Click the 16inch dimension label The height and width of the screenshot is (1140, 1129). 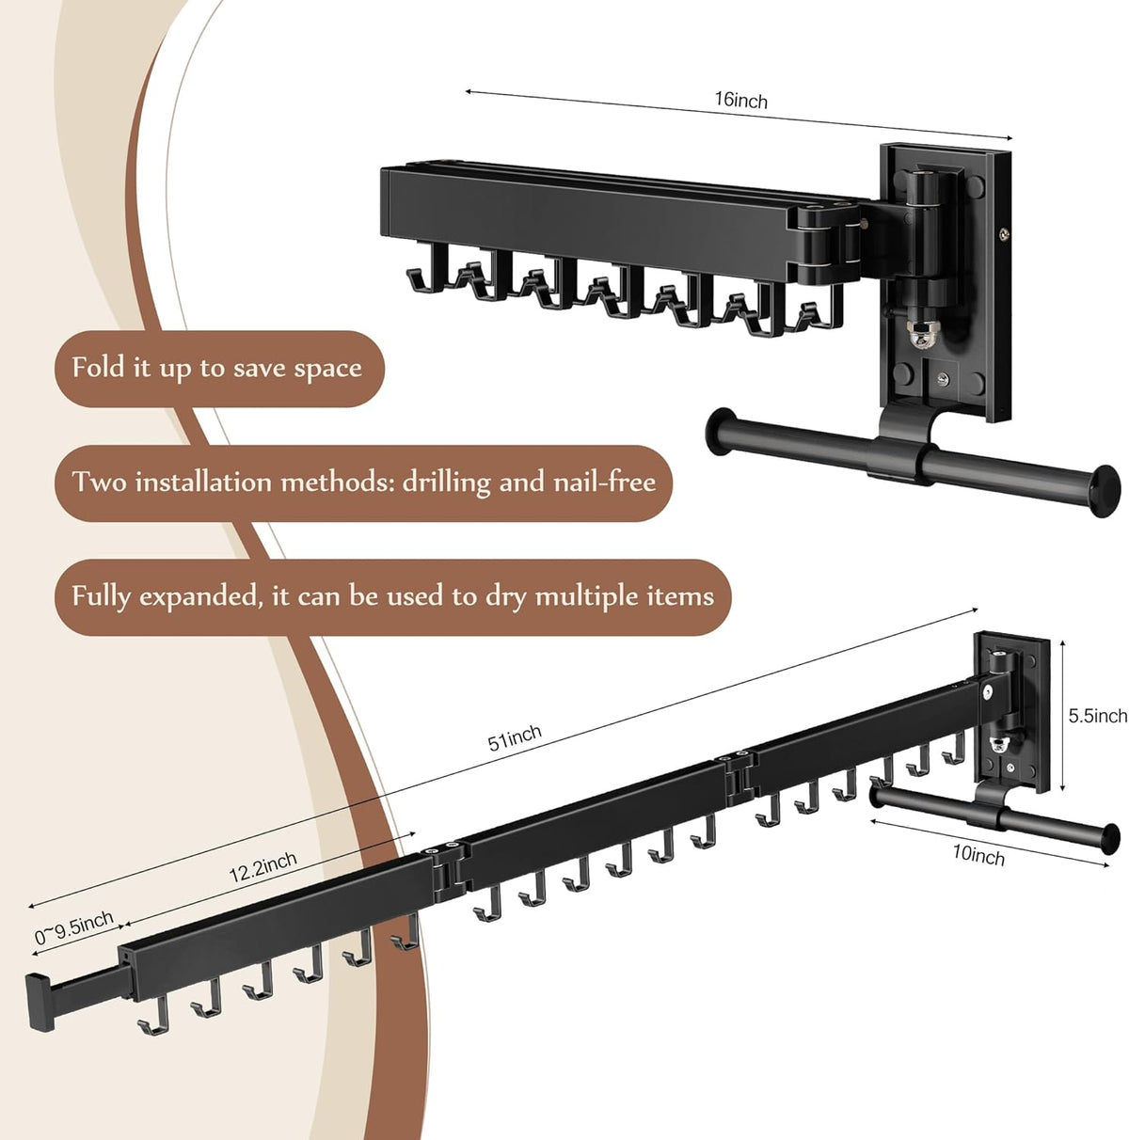(740, 100)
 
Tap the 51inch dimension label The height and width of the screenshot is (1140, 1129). (515, 737)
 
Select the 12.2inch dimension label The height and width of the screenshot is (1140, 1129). (262, 866)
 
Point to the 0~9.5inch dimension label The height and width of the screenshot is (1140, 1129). (74, 926)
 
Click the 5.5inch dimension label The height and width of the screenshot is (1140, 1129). (1097, 716)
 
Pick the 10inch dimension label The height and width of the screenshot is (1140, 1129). (978, 854)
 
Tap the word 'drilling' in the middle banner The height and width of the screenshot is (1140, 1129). (446, 483)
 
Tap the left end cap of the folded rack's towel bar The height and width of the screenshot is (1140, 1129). (720, 432)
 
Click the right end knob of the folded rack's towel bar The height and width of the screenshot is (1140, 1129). (1105, 490)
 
